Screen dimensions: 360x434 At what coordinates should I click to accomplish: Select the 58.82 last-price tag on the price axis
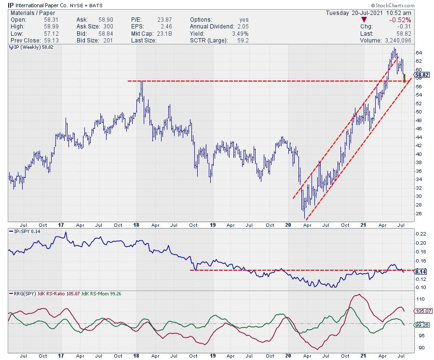point(422,75)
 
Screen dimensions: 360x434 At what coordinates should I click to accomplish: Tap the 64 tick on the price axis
point(419,53)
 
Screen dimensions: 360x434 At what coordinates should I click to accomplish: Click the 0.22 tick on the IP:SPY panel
point(420,234)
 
